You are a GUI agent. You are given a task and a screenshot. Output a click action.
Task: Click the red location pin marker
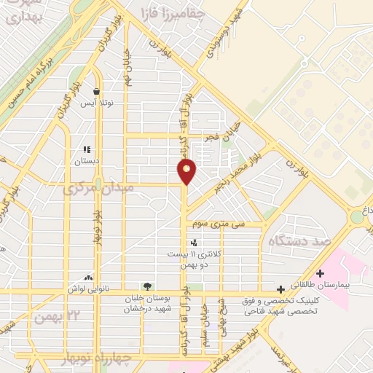[187, 171]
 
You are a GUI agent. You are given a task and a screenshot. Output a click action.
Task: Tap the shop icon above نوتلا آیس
[97, 92]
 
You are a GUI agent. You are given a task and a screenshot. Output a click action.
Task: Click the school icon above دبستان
[87, 149]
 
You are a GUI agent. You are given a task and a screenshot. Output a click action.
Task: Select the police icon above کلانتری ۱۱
[193, 243]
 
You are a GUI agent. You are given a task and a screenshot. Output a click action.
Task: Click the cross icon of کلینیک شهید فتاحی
[280, 289]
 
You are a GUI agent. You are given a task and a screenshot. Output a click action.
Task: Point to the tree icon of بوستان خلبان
[148, 286]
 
